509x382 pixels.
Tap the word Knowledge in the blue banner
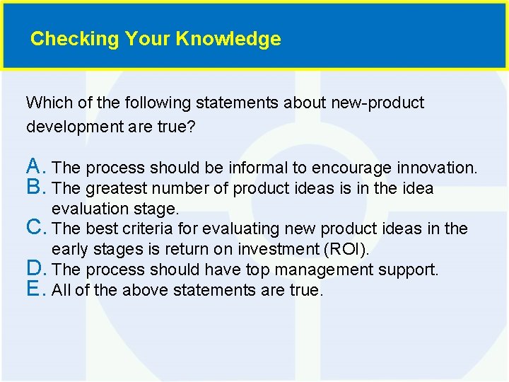pos(228,39)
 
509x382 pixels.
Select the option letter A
pos(35,167)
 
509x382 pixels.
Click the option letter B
pos(35,187)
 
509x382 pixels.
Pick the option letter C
pos(35,228)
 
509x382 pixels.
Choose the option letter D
pos(36,269)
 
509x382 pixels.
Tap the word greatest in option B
pos(115,188)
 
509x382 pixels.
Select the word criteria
pos(170,228)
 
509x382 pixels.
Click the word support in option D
pos(411,270)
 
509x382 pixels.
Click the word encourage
pos(351,168)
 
